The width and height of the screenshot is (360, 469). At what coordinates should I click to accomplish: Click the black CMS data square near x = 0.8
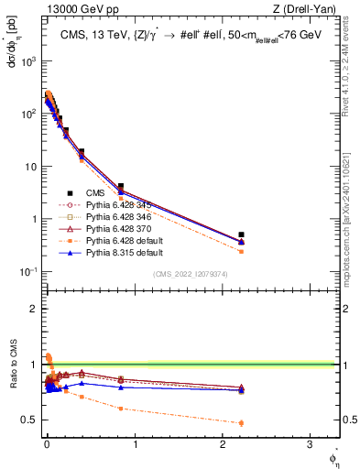pos(120,186)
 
